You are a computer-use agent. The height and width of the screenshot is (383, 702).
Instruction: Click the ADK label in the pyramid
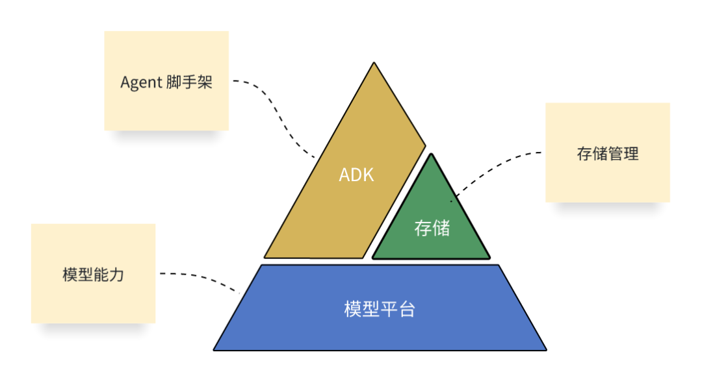click(x=356, y=175)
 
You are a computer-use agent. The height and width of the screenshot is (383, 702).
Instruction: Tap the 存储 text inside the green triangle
click(x=432, y=228)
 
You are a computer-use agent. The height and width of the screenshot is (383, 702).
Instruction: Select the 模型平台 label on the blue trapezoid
click(x=379, y=309)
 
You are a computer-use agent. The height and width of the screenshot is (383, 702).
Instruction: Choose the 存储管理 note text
click(x=608, y=153)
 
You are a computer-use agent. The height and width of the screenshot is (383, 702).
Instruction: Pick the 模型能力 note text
click(x=93, y=274)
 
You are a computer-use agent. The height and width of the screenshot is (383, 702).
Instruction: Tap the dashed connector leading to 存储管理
click(x=494, y=165)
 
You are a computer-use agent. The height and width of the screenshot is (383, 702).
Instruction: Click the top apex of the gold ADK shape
click(x=374, y=64)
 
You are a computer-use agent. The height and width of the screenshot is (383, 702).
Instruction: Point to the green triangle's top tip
click(x=432, y=154)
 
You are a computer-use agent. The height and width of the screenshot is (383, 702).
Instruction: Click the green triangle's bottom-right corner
click(x=488, y=258)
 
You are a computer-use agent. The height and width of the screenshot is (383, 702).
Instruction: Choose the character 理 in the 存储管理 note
click(x=631, y=153)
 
